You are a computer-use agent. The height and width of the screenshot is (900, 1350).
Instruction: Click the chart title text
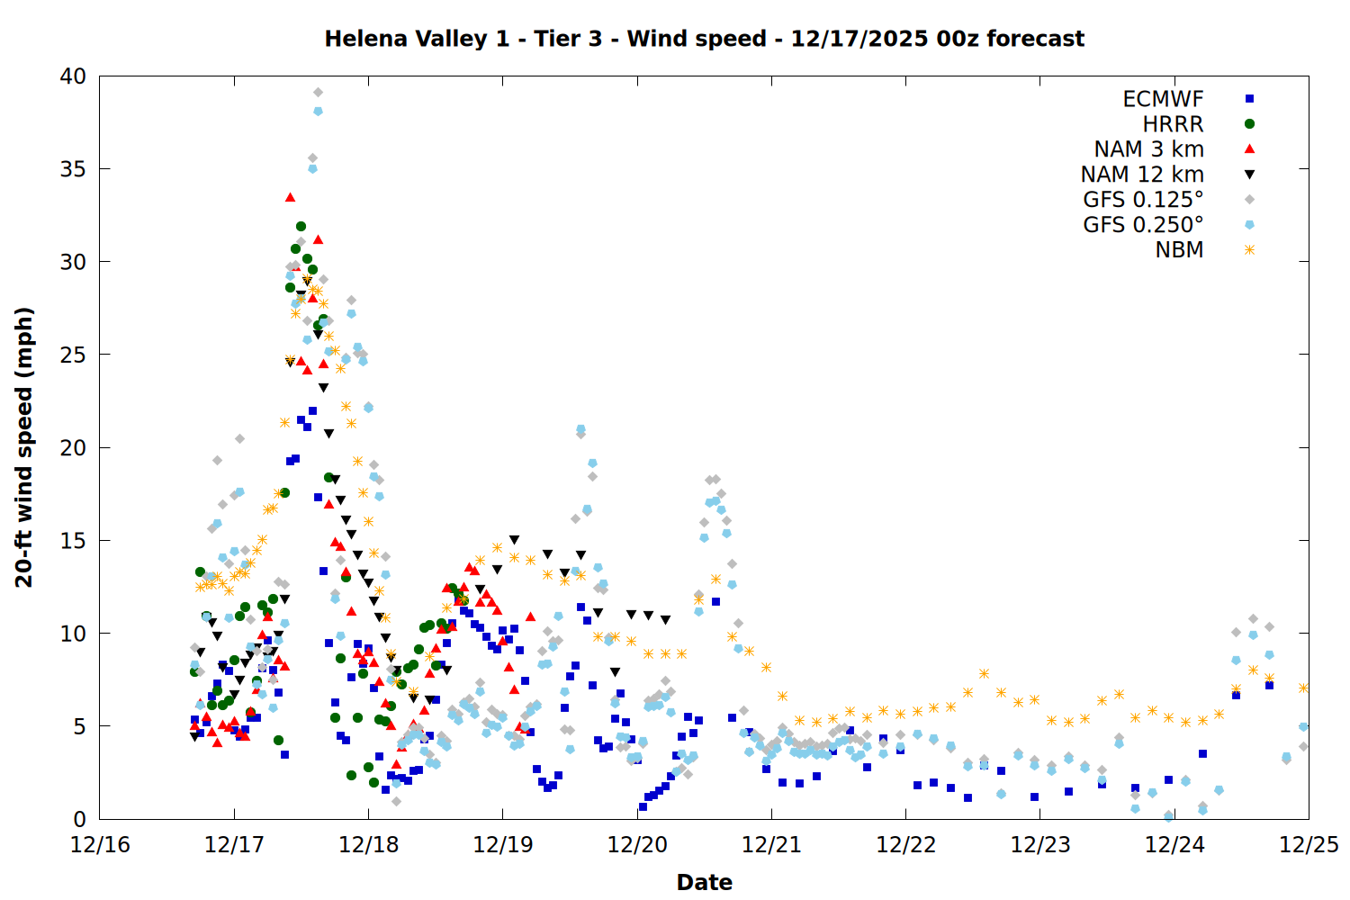pyautogui.click(x=704, y=39)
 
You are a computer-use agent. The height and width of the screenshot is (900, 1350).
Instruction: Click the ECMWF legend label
pyautogui.click(x=1163, y=99)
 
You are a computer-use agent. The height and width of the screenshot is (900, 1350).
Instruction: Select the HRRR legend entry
pyautogui.click(x=1173, y=124)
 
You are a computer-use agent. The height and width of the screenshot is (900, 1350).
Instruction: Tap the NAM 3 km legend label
pyautogui.click(x=1148, y=149)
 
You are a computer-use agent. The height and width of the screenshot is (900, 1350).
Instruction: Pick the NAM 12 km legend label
pyautogui.click(x=1142, y=175)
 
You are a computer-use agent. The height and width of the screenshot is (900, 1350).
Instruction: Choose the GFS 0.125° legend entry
pyautogui.click(x=1143, y=200)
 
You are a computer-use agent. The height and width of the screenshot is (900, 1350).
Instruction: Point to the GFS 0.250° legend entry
pyautogui.click(x=1143, y=225)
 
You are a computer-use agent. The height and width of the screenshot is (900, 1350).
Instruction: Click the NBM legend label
pyautogui.click(x=1179, y=250)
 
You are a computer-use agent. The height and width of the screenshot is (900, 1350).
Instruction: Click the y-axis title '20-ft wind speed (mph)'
pyautogui.click(x=24, y=447)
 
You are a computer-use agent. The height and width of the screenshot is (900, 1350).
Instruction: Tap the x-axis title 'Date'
pyautogui.click(x=704, y=882)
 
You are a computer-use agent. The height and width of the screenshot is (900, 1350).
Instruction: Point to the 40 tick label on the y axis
pyautogui.click(x=74, y=76)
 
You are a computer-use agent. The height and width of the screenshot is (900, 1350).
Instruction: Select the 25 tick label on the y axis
pyautogui.click(x=74, y=355)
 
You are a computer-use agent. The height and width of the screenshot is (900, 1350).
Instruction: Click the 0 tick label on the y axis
pyautogui.click(x=80, y=819)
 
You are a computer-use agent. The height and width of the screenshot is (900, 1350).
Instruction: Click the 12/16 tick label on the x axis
pyautogui.click(x=100, y=845)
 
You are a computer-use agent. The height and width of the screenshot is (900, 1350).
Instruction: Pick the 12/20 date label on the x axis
pyautogui.click(x=637, y=845)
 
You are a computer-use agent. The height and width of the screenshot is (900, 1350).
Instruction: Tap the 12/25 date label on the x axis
pyautogui.click(x=1309, y=845)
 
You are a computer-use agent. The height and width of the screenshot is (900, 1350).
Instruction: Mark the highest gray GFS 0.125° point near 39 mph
pyautogui.click(x=318, y=92)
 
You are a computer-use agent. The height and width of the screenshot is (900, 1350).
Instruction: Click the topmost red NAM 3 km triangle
pyautogui.click(x=290, y=197)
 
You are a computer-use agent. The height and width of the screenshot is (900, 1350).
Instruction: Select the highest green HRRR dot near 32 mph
pyautogui.click(x=301, y=226)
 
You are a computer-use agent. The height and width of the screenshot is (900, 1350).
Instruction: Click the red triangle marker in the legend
pyautogui.click(x=1249, y=149)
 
